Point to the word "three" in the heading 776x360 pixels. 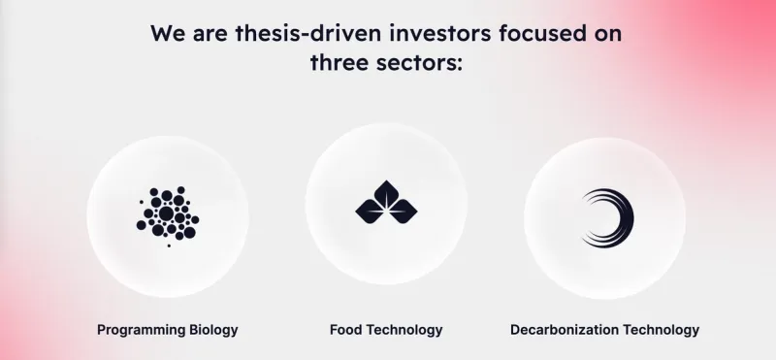coord(342,63)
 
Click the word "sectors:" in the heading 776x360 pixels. coord(422,63)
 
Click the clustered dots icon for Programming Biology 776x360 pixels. coord(168,216)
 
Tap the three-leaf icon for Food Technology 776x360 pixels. coord(386,203)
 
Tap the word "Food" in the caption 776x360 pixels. coord(346,330)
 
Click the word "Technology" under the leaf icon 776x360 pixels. coord(404,330)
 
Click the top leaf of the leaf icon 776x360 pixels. coord(386,194)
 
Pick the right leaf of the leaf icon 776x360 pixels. coord(403,212)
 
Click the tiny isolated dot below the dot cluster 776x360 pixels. coord(169,245)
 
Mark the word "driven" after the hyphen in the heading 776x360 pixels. coord(349,33)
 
